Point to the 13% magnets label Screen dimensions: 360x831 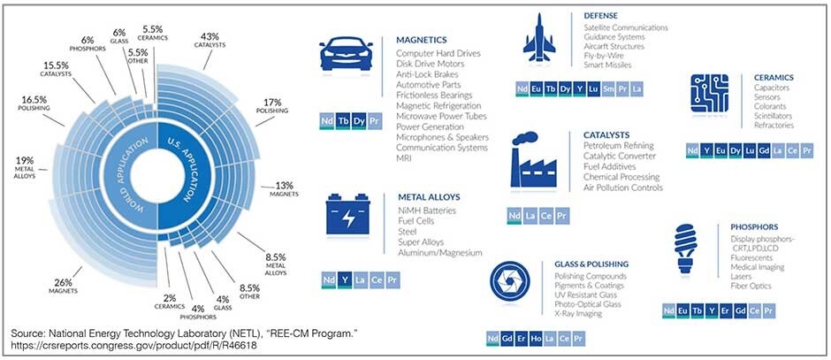[285, 189]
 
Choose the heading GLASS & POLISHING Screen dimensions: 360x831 [591, 264]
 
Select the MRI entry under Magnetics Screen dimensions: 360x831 [405, 157]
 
